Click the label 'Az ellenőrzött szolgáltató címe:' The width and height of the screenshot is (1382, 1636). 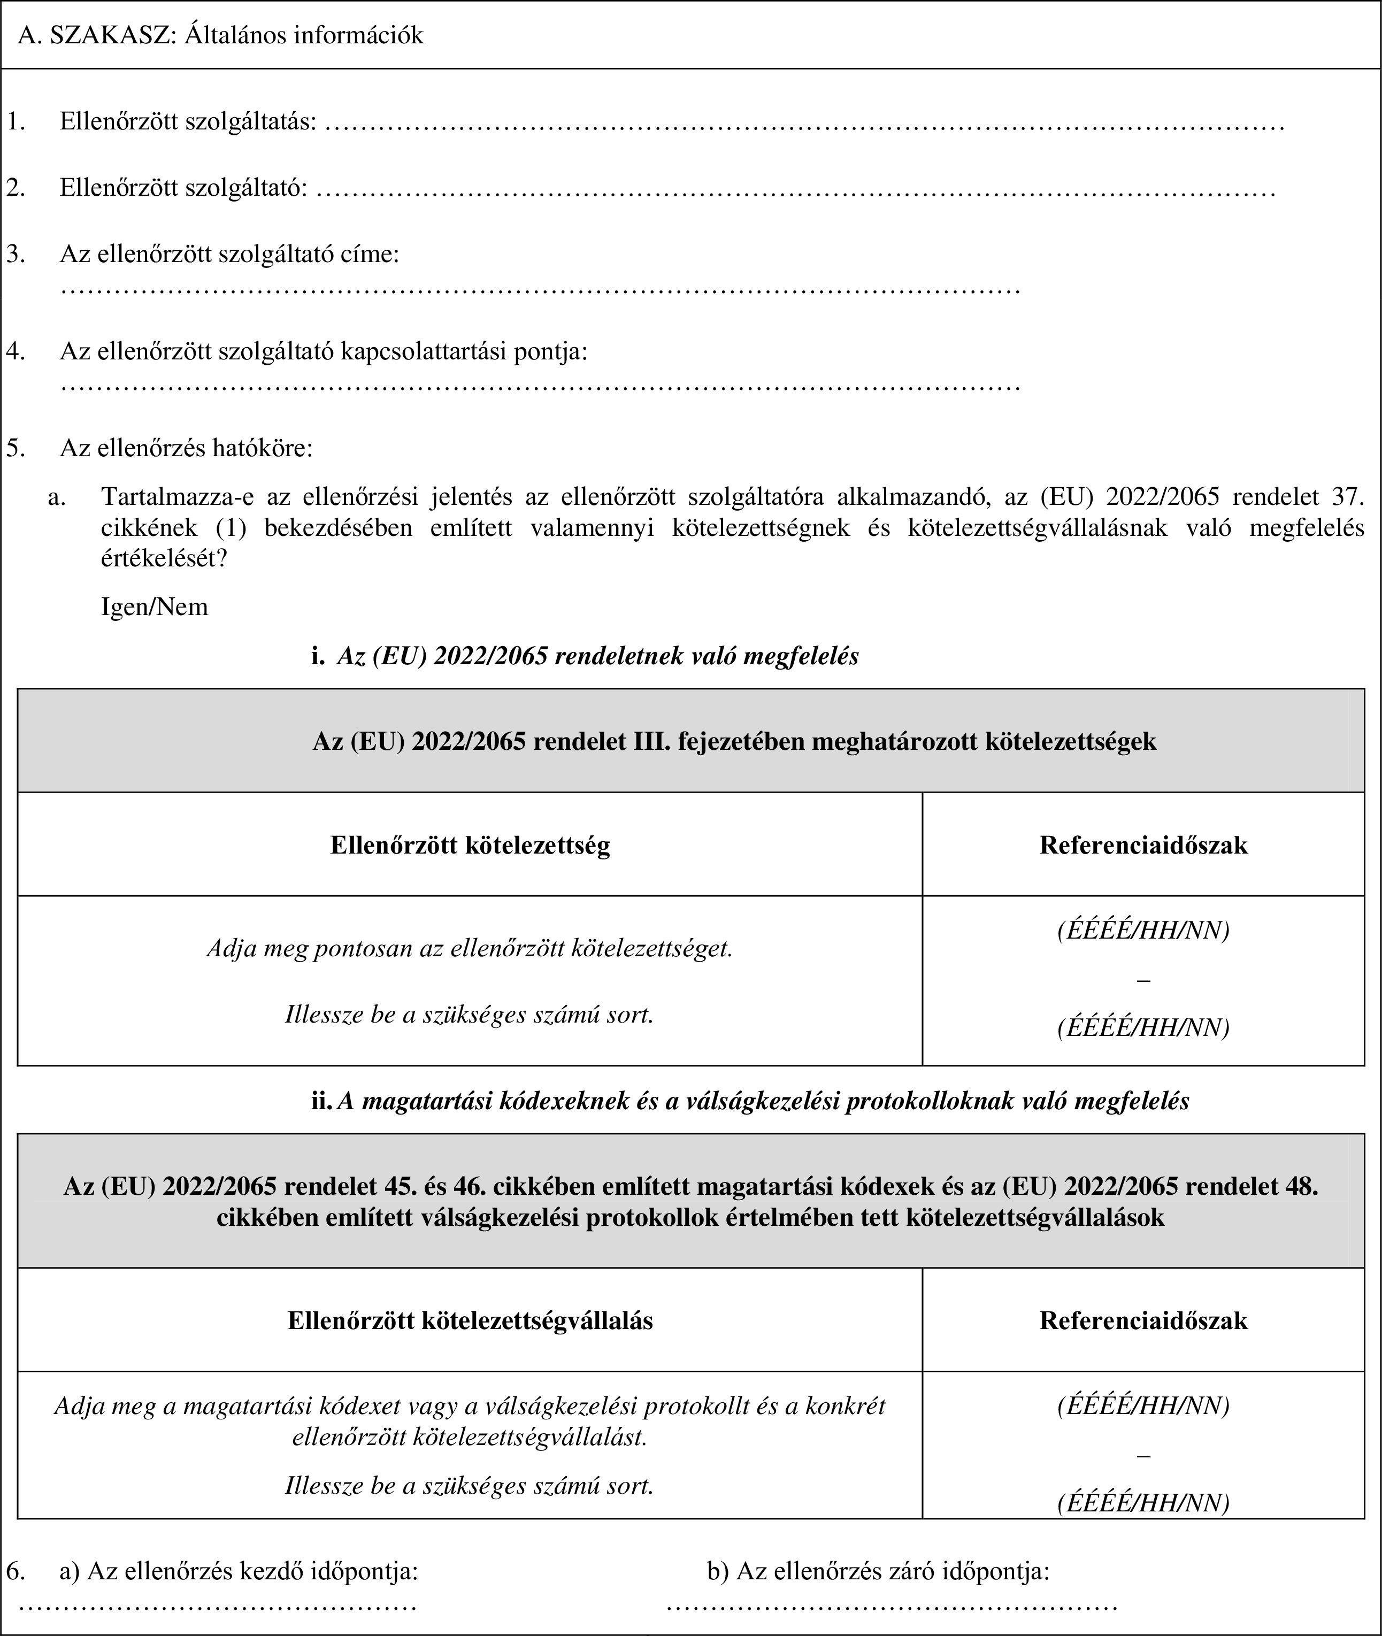tap(229, 254)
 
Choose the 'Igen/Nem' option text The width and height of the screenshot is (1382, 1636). tap(155, 606)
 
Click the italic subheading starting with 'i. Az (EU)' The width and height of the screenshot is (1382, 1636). tap(585, 656)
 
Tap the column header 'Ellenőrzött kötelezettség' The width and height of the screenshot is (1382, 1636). tap(470, 844)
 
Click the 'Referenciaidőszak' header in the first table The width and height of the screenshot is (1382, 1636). tap(1143, 844)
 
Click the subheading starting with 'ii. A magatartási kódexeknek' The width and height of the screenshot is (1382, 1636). tap(750, 1100)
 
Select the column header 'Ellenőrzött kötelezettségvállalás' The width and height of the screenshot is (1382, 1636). tap(470, 1320)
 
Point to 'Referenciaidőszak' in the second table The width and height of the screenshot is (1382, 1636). tap(1143, 1320)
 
